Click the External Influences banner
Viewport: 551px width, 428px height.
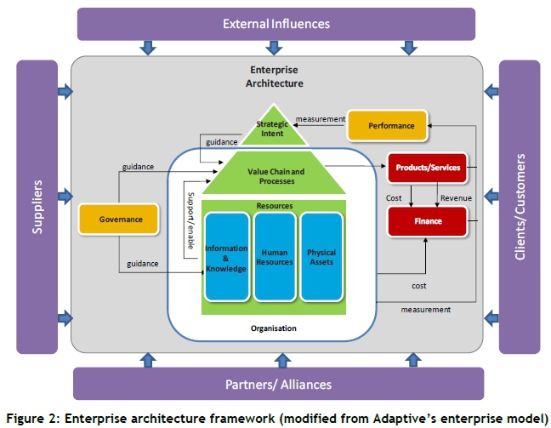(276, 24)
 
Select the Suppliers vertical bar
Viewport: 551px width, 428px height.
(36, 207)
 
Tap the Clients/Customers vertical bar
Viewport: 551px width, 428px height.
(520, 207)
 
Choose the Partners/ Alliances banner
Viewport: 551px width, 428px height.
(279, 384)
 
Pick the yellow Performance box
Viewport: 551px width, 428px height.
(385, 126)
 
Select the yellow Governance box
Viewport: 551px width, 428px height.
(120, 220)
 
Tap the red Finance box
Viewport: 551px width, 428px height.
(427, 221)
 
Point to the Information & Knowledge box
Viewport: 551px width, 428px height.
(226, 255)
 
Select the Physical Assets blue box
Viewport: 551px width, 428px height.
(321, 255)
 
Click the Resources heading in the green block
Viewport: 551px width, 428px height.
(274, 206)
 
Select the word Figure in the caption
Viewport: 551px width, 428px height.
(26, 417)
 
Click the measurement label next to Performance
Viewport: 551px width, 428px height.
(321, 119)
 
